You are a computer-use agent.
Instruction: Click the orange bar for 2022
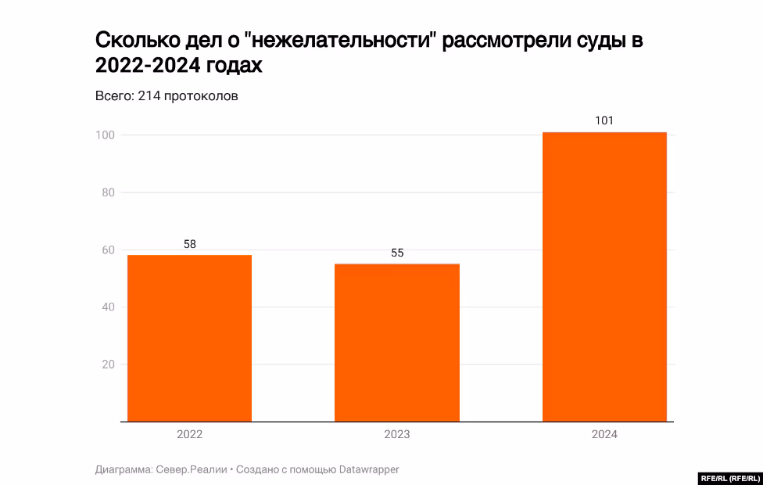click(189, 338)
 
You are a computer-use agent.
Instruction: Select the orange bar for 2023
click(397, 343)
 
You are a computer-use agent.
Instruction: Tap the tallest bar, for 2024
click(604, 277)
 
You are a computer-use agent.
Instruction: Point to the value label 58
click(190, 244)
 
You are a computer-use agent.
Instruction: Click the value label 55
click(397, 253)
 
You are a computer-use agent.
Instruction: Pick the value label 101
click(604, 121)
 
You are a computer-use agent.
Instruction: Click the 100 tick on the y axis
click(106, 135)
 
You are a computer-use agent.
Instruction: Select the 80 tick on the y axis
click(108, 192)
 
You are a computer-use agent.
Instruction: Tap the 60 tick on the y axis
click(108, 250)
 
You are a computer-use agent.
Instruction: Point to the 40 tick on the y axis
click(108, 307)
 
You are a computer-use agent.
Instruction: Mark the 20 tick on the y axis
click(108, 365)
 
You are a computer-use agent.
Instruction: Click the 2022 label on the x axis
click(190, 434)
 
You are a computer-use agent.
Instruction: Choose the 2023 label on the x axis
click(397, 434)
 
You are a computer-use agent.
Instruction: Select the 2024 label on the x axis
click(604, 434)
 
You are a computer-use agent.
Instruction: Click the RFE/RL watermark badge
click(729, 478)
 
